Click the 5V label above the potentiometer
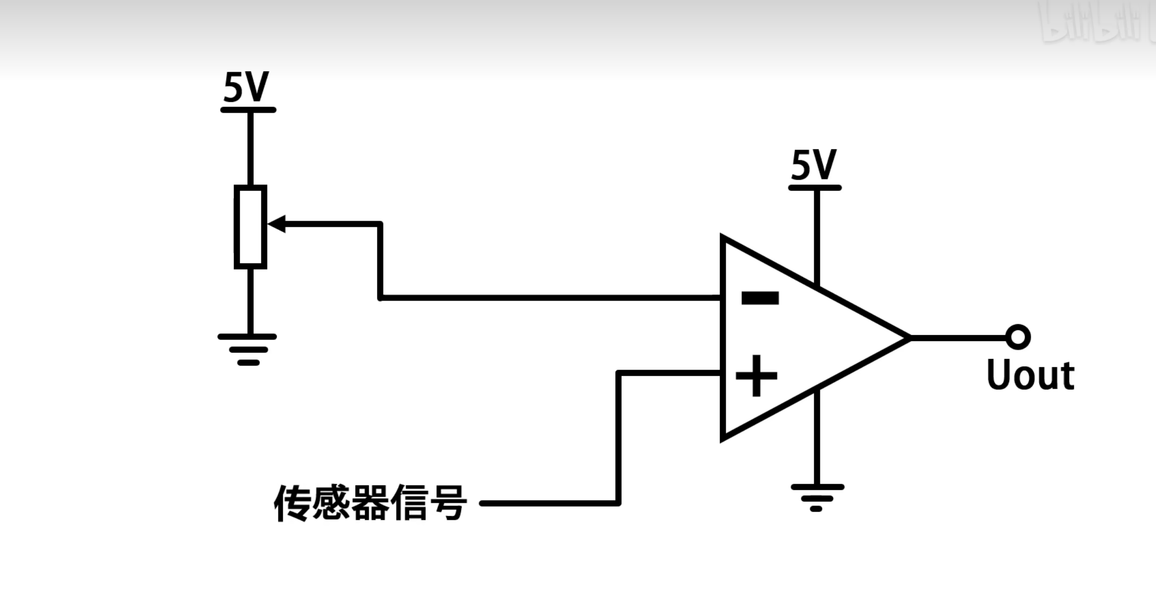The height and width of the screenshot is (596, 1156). point(246,88)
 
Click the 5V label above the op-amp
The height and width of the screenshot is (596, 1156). point(814,165)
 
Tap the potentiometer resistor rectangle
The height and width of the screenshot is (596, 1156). point(250,227)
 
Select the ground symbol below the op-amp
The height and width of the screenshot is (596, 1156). point(817,497)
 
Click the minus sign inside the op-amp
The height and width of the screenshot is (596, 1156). point(760,298)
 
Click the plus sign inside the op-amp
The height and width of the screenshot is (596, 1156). point(756,376)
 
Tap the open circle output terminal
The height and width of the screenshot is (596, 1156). point(1018,337)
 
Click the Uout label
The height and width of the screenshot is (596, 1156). point(1030,375)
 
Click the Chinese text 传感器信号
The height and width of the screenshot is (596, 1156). point(370,503)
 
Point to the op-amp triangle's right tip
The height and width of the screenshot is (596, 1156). point(908,338)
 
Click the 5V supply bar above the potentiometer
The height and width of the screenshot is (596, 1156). point(248,110)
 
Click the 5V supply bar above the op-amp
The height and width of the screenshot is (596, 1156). point(815,188)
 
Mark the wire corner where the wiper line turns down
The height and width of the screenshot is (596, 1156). point(380,224)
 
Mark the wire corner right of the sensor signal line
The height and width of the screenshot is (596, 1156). point(618,503)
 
